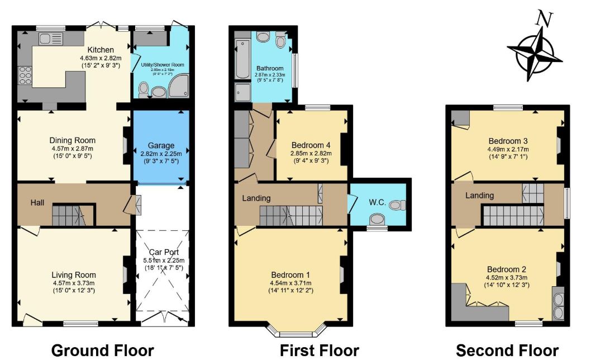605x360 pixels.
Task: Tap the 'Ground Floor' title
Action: [102, 350]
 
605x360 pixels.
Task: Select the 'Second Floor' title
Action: [507, 350]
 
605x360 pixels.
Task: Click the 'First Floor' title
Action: [319, 350]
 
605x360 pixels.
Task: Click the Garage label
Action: [161, 146]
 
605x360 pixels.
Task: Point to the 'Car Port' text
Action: [160, 252]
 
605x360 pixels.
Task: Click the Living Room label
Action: [74, 275]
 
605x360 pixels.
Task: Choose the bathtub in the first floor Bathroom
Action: [243, 59]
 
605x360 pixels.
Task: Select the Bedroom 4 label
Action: [311, 145]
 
